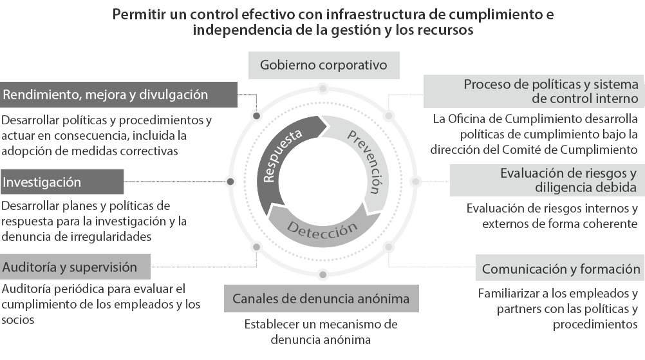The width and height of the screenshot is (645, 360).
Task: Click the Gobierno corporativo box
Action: pos(323,65)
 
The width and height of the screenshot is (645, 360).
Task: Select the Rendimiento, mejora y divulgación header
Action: pos(118,95)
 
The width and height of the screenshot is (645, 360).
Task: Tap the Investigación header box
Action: pos(62,182)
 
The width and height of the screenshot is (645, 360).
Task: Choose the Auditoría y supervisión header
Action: pos(75,267)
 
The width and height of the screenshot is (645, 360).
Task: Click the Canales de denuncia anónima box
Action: pos(321,299)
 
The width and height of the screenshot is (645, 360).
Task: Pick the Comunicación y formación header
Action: pos(561,269)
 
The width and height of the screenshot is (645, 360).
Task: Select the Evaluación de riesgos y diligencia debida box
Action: pos(547,180)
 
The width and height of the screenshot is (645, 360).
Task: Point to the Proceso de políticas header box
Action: pos(534,91)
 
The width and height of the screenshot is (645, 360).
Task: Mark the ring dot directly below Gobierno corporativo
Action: pos(323,88)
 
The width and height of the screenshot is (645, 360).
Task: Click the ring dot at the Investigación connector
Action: pos(230,182)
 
